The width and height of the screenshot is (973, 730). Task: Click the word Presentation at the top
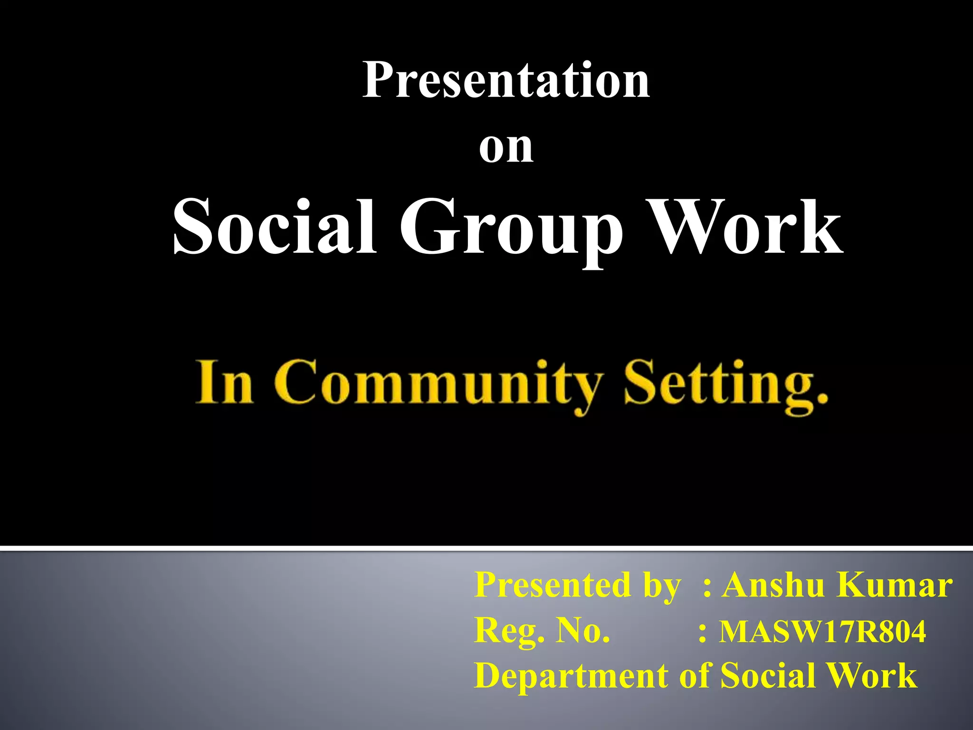point(506,81)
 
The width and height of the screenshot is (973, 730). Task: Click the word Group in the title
point(511,231)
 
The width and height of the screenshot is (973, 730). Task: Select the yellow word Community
point(437,385)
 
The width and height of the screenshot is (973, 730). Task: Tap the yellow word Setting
point(713,385)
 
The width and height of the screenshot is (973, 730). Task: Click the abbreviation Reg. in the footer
point(509,632)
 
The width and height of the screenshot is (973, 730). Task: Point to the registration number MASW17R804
point(822,632)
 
